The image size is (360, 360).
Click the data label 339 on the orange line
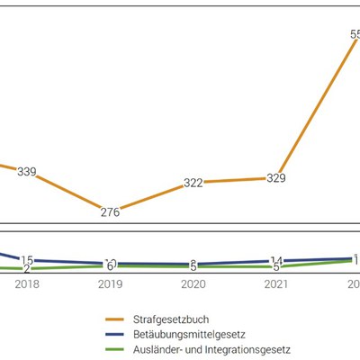26,172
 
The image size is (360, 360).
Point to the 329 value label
275,178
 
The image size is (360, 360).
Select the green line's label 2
27,269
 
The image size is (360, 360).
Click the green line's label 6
110,266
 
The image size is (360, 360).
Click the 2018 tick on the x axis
27,283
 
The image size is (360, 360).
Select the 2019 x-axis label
110,283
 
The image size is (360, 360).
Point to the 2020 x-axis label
193,283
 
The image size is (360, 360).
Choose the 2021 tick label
275,283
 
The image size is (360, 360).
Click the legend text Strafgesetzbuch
170,319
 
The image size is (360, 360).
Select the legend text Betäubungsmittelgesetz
185,333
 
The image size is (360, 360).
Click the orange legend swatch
114,319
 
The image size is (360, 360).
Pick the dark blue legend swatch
114,333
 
